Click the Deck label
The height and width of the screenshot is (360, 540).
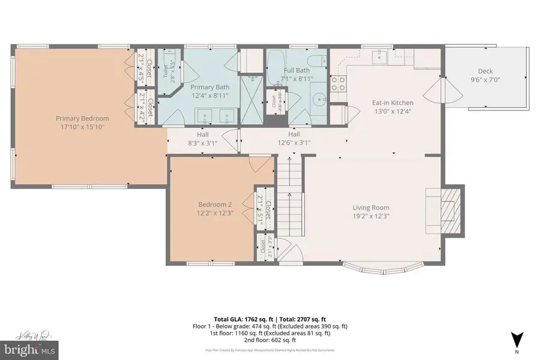point(485,71)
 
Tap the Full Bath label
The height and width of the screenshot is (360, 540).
point(296,70)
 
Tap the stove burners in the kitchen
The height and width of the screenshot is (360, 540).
point(338,83)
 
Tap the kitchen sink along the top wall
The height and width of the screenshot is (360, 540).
point(379,57)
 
